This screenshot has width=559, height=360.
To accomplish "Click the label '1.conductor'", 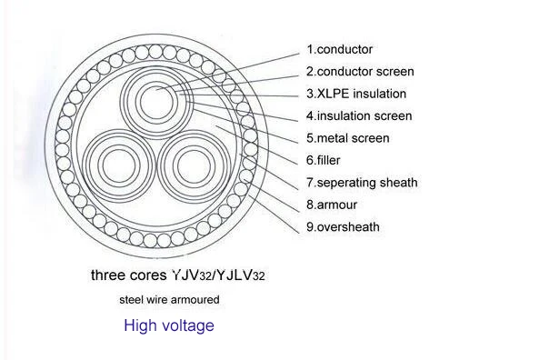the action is click(x=339, y=49).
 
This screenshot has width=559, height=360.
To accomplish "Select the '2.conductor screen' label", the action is click(x=360, y=71).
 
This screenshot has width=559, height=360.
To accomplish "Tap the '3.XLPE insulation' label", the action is click(x=355, y=94).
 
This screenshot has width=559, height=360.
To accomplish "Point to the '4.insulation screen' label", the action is click(x=358, y=115).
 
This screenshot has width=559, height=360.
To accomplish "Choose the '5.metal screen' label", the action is click(x=347, y=138).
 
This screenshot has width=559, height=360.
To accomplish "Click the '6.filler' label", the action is click(x=324, y=160).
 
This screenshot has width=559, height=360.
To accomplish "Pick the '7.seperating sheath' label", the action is click(x=362, y=183).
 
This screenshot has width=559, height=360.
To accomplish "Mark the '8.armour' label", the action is click(x=331, y=205).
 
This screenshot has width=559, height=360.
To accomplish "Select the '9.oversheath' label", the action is click(x=343, y=227).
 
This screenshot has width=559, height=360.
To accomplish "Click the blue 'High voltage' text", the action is click(x=169, y=325).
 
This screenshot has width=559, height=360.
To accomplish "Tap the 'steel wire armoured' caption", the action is click(x=169, y=299).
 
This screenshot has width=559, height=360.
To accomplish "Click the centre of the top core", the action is click(x=158, y=93).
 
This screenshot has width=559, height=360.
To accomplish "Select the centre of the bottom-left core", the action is click(x=120, y=165).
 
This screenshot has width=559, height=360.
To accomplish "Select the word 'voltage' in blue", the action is click(x=187, y=325).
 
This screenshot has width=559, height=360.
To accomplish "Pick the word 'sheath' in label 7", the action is click(x=398, y=183).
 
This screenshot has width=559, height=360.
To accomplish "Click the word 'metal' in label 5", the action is click(x=334, y=138).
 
